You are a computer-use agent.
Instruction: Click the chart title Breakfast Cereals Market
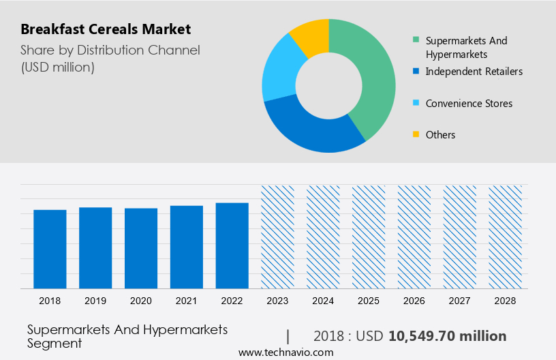pyautogui.click(x=106, y=29)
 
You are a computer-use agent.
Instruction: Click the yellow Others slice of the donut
pyautogui.click(x=310, y=34)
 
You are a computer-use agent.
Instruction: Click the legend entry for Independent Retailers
pyautogui.click(x=474, y=71)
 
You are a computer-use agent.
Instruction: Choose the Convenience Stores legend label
pyautogui.click(x=469, y=104)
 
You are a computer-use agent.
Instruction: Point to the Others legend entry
pyautogui.click(x=440, y=135)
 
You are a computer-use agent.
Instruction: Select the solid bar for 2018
pyautogui.click(x=50, y=249)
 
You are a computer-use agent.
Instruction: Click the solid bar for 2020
pyautogui.click(x=141, y=248)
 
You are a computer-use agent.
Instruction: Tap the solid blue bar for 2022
pyautogui.click(x=232, y=245)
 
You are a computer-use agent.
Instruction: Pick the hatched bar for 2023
pyautogui.click(x=278, y=237)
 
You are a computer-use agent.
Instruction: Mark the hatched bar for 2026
pyautogui.click(x=414, y=237)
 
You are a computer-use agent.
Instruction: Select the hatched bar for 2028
pyautogui.click(x=506, y=237)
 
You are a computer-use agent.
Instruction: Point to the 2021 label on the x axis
pyautogui.click(x=187, y=301)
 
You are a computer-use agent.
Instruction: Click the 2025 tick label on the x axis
pyautogui.click(x=369, y=301)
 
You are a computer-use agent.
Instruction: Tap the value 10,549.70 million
pyautogui.click(x=447, y=336)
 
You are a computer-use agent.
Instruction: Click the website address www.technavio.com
pyautogui.click(x=285, y=352)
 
